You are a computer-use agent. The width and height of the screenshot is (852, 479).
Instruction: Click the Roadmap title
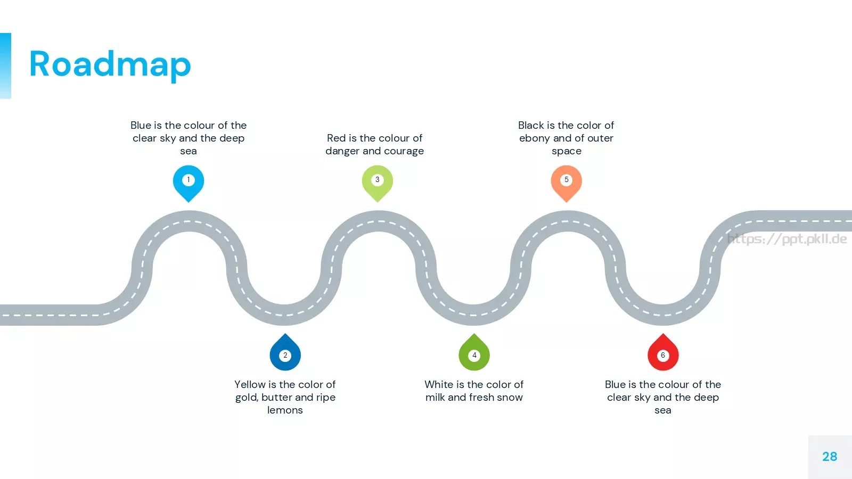point(110,64)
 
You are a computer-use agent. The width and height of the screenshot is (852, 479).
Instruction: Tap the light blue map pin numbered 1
point(189,183)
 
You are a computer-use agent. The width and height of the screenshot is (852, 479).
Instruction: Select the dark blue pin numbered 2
point(285,352)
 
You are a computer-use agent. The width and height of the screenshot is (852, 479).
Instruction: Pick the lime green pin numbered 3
point(378,183)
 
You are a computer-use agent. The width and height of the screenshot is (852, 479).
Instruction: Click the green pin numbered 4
point(474,352)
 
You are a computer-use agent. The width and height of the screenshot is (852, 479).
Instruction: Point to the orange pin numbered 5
point(567,183)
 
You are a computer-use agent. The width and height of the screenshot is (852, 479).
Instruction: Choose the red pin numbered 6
point(663,352)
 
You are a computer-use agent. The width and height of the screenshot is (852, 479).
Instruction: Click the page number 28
point(830,457)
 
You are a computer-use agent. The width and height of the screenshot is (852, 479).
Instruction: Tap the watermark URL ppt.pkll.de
point(787,239)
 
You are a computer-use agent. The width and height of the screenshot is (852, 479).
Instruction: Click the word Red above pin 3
point(336,138)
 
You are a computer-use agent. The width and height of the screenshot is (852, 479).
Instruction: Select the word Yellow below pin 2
point(250,384)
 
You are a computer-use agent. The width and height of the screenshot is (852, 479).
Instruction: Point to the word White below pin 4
point(438,384)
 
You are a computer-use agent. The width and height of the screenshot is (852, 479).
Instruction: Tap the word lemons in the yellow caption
point(285,410)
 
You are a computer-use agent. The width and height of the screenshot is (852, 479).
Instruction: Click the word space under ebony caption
point(567,152)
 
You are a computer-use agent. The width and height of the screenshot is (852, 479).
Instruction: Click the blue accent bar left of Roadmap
point(5,66)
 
